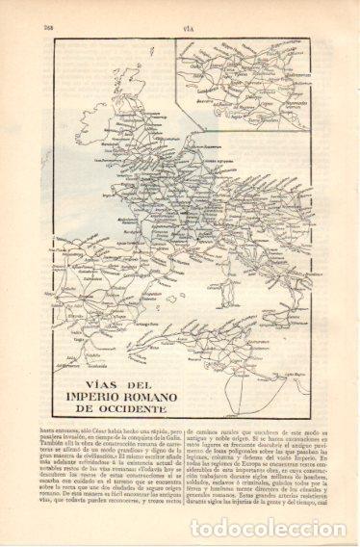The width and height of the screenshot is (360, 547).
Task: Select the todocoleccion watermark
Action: (x=251, y=528)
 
